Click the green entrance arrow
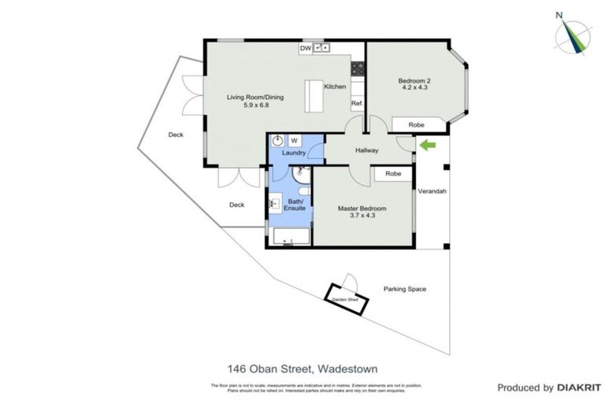tap(427, 145)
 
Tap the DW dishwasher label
tap(304, 49)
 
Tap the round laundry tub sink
tap(278, 142)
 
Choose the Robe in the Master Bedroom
tap(393, 173)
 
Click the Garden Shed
tap(345, 298)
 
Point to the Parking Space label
tap(404, 289)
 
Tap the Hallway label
tap(367, 150)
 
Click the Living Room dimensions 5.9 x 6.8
tap(254, 105)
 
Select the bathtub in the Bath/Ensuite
tap(289, 237)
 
